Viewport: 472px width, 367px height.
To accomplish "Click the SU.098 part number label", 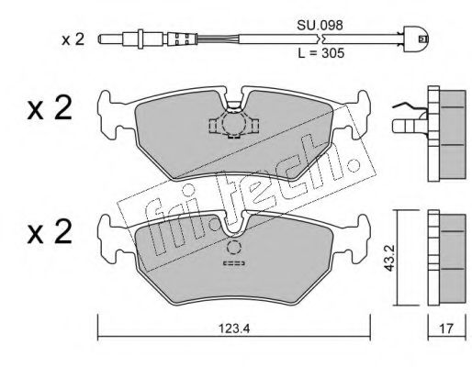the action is (320, 26).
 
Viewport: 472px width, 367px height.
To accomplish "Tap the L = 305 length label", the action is (320, 53).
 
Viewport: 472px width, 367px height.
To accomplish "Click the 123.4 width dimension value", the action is (234, 328).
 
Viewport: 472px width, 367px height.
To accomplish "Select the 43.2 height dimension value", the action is (389, 258).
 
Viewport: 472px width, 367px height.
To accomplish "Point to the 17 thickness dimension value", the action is (446, 328).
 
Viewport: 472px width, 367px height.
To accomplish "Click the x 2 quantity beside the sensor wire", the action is (73, 39).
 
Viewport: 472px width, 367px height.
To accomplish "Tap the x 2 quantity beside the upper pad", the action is (50, 107).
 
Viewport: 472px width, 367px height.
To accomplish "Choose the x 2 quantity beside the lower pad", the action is (50, 231).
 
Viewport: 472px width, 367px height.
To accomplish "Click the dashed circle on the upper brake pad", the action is (234, 123).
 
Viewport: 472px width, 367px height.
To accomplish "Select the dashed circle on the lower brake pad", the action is (234, 247).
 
